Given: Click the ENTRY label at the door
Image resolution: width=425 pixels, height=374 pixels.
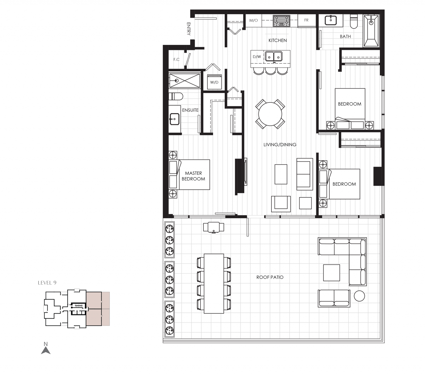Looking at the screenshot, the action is tap(189, 29).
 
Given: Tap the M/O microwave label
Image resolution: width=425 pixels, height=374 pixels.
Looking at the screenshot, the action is tap(253, 20).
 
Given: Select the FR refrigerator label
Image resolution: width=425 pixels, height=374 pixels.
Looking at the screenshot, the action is tap(306, 20).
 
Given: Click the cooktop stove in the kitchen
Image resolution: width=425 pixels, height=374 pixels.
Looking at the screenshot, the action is tap(281, 21).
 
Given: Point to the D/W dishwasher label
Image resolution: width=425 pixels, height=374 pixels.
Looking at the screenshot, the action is tap(257, 57).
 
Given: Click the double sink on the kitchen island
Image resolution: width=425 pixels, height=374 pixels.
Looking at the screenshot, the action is tap(274, 56).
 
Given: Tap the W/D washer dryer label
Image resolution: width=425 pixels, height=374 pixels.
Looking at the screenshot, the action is tap(214, 82).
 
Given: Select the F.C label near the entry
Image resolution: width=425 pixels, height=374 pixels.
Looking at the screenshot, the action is tap(176, 60).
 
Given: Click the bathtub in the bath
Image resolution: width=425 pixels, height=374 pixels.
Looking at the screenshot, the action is tap(371, 31).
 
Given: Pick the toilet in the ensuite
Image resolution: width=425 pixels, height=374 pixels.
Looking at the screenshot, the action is tap(176, 96).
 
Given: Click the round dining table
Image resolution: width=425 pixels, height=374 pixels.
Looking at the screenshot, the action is tap(270, 114).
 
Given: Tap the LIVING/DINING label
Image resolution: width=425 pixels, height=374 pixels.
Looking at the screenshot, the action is tap(280, 145).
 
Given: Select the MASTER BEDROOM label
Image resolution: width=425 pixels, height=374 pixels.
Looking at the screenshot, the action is tap(193, 176).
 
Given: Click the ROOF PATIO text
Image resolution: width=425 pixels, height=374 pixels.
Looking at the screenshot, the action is tap(270, 277).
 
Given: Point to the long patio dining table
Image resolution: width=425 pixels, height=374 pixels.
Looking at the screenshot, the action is tap(214, 284).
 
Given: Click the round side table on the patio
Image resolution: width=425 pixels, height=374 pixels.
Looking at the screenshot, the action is tap(359, 296).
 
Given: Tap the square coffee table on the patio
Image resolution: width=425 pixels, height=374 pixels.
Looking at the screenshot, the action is tap(331, 273).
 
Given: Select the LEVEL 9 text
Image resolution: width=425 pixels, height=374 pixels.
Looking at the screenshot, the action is tap(47, 283).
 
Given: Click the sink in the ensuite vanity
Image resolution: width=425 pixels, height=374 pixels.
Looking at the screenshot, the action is tap(174, 119).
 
